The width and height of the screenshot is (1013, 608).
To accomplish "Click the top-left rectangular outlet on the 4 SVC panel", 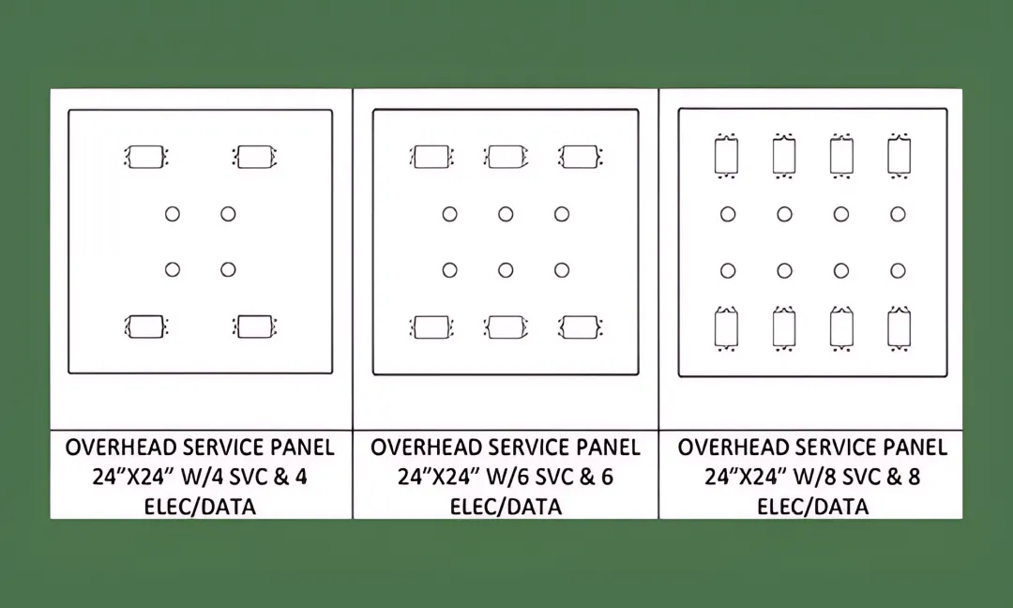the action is click(x=146, y=157).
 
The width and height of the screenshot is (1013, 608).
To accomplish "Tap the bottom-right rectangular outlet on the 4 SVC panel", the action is click(x=254, y=327).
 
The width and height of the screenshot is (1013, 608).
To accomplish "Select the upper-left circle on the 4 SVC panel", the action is click(x=173, y=214).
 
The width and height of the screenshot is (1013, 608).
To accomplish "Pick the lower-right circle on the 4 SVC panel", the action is click(x=228, y=269).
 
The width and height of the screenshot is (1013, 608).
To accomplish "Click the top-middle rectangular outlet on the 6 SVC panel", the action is click(x=506, y=157).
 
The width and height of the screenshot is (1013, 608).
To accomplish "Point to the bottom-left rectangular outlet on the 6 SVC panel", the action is click(x=431, y=327).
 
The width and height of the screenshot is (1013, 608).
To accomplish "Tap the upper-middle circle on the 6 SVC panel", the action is click(x=506, y=214).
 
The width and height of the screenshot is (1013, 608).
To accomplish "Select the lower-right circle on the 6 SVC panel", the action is click(x=562, y=270).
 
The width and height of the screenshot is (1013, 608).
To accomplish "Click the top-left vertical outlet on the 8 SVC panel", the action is click(x=727, y=156).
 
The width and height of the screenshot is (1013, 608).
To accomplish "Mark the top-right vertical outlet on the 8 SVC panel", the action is click(x=900, y=156).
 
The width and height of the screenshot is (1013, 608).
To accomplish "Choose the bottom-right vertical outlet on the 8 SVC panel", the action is click(x=900, y=329).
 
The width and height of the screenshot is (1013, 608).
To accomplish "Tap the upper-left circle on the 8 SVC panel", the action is click(x=728, y=214).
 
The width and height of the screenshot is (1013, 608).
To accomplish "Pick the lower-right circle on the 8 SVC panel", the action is click(x=898, y=271).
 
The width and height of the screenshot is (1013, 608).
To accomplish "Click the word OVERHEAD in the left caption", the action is click(x=121, y=448).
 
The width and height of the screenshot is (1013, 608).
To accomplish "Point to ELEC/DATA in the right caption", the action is click(x=812, y=507).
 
